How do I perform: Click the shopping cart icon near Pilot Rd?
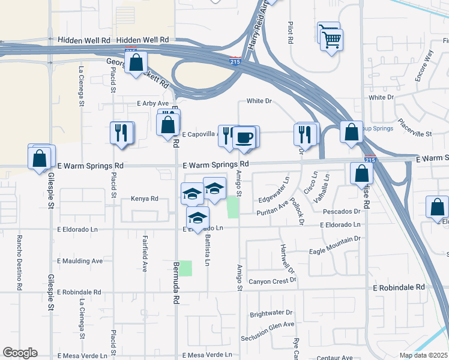[x=331, y=40]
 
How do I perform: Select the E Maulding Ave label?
[x=80, y=261]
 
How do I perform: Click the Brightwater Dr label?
[x=271, y=313]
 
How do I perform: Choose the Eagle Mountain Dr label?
[x=334, y=239]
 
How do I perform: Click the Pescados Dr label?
[x=341, y=211]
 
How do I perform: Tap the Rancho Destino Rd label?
[x=20, y=262]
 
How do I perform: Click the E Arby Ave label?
[x=153, y=103]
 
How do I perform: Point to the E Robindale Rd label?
[x=399, y=287]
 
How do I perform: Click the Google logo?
[x=20, y=353]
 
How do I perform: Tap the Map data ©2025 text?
[x=423, y=355]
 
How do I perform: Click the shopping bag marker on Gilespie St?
[x=40, y=159]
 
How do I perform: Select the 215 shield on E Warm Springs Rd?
[x=370, y=160]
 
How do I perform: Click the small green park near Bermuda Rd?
[x=185, y=268]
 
